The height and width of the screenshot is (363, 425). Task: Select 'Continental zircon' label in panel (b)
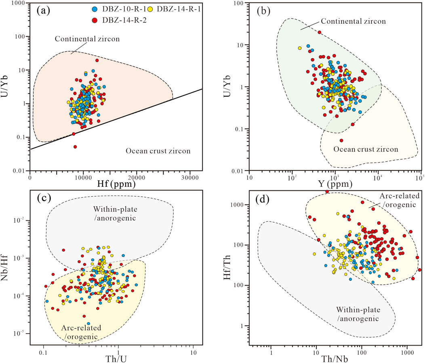(x=346, y=21)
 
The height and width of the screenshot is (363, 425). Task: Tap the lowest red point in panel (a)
(x=75, y=147)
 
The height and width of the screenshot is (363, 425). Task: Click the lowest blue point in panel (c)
(x=88, y=334)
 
